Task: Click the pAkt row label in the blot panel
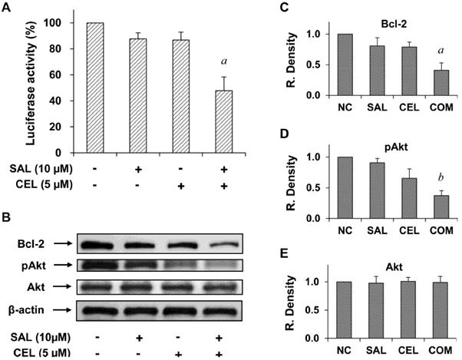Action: [30, 266]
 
